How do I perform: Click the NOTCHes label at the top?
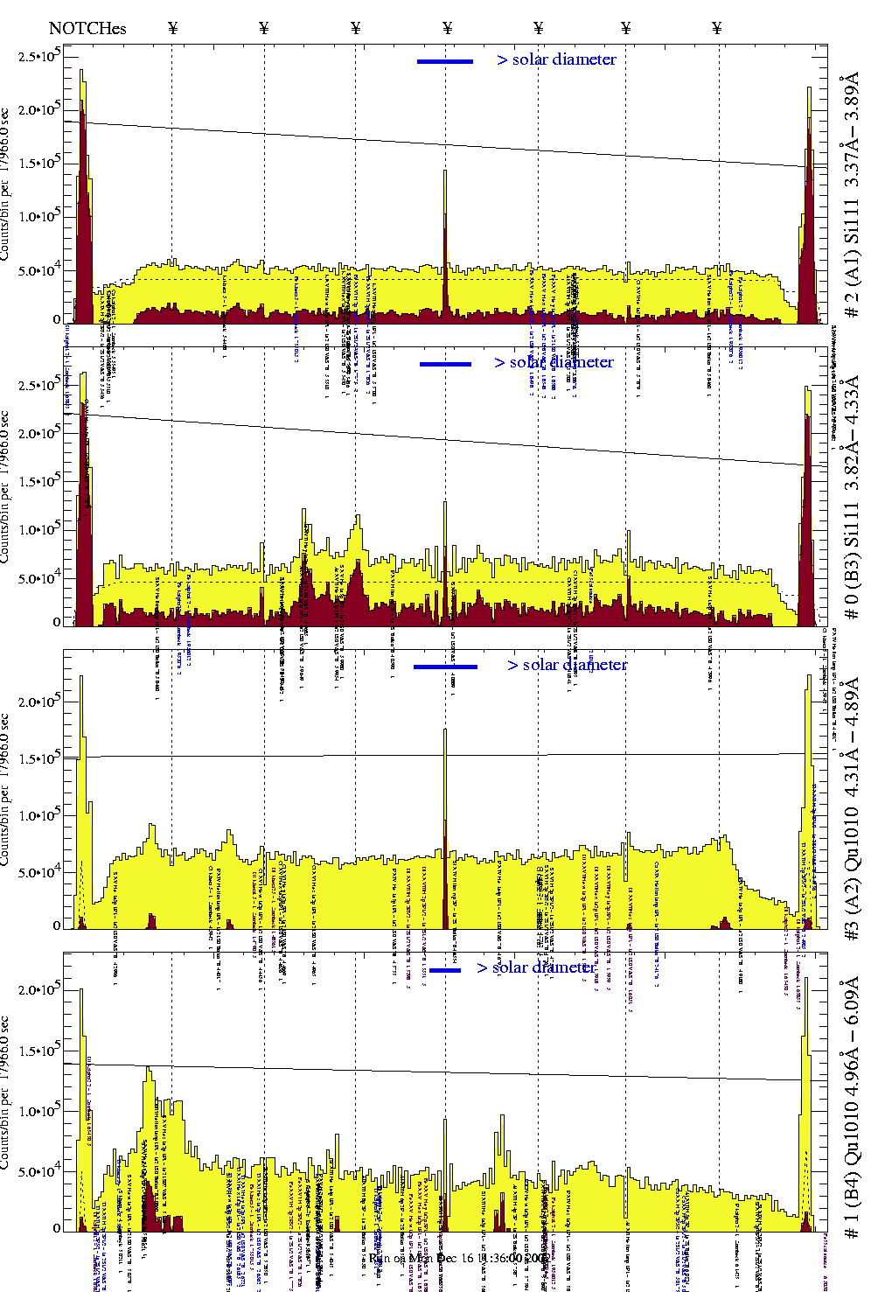pyautogui.click(x=87, y=28)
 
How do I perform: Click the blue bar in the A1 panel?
pyautogui.click(x=444, y=61)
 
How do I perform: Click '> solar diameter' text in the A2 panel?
pyautogui.click(x=567, y=665)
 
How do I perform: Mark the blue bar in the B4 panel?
pyautogui.click(x=444, y=969)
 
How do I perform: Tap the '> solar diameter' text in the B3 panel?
pyautogui.click(x=554, y=362)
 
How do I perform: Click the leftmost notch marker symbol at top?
pyautogui.click(x=172, y=28)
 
